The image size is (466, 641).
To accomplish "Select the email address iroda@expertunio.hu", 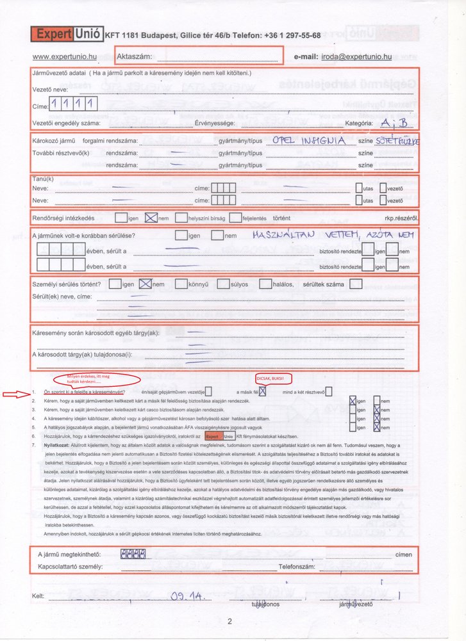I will (x=356, y=56).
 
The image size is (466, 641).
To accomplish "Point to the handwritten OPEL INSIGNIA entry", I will (x=309, y=140).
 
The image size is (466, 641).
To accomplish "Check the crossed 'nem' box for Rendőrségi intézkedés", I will (x=151, y=218).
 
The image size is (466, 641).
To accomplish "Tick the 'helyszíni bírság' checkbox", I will (x=181, y=218).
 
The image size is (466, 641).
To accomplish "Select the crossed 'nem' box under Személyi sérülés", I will (x=146, y=283).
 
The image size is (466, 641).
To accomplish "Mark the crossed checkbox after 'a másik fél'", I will (x=262, y=392).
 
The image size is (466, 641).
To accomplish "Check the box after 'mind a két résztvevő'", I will (x=329, y=392).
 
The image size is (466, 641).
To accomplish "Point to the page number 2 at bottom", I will (x=229, y=621).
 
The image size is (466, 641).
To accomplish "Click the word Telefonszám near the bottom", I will (x=299, y=567).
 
